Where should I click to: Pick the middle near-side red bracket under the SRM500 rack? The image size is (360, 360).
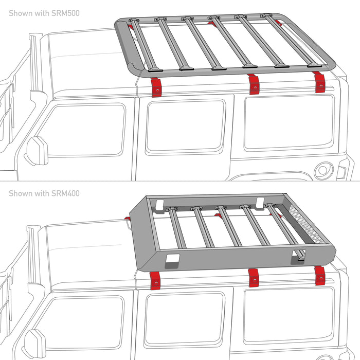click(x=253, y=84)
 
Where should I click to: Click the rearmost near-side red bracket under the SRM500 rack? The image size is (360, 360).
click(x=320, y=82)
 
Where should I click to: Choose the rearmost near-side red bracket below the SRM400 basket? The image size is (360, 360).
click(x=320, y=275)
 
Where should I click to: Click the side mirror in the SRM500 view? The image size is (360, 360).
click(x=37, y=150)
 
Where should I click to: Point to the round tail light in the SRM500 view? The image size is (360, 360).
click(x=323, y=170)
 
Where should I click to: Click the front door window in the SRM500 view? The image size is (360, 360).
click(x=82, y=131)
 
